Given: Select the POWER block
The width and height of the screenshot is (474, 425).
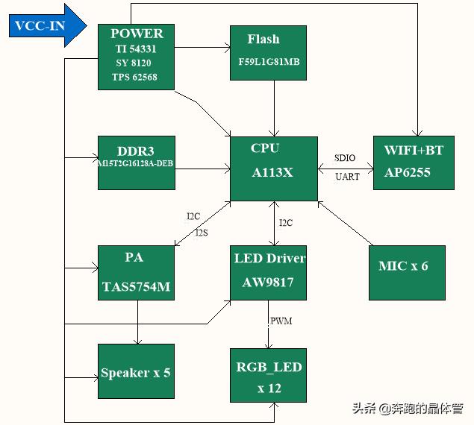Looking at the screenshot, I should [x=137, y=57].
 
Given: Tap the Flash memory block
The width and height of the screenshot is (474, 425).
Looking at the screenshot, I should [x=268, y=52].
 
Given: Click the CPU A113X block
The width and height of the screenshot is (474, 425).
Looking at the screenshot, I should [x=273, y=169].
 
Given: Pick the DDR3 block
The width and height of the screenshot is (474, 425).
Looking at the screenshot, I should [x=137, y=163].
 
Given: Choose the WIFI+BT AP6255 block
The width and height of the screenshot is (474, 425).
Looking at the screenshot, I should [x=413, y=163].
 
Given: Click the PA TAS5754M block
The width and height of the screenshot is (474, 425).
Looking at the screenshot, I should [x=137, y=273].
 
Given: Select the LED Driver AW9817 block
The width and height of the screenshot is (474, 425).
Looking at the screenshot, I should [x=269, y=272].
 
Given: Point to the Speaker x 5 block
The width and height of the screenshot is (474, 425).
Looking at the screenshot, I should [x=136, y=371].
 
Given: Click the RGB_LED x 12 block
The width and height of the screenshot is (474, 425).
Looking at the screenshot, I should [x=269, y=377].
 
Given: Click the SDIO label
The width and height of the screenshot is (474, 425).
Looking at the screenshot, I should [x=345, y=158].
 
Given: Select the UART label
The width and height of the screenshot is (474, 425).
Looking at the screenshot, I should [x=347, y=177].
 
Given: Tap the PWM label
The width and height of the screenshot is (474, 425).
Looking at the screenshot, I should [x=281, y=321].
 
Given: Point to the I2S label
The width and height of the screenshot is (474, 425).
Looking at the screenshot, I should [x=202, y=233].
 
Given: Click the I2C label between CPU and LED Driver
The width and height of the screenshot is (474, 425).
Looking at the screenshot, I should [x=286, y=223].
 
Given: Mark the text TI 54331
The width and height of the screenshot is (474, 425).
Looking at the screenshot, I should [x=135, y=48].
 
